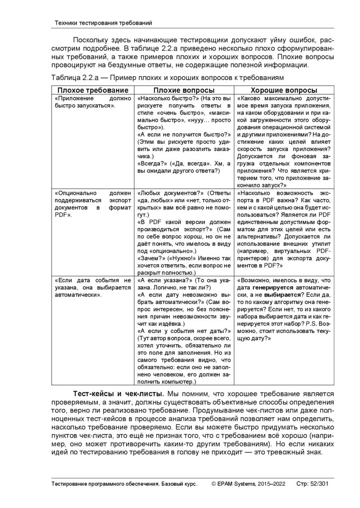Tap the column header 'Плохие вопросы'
click(184, 90)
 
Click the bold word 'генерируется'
click(272, 287)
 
